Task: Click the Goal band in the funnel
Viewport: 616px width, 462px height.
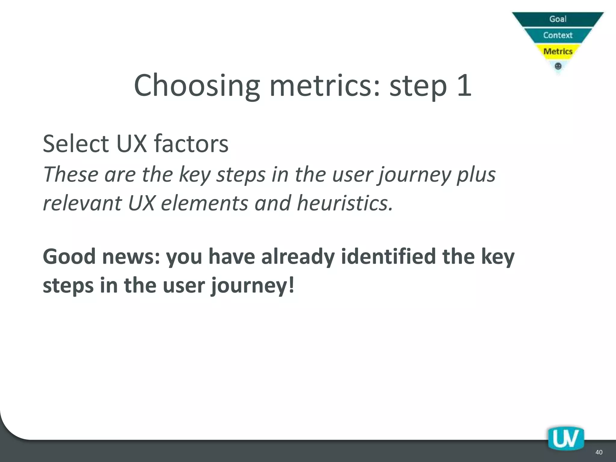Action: click(x=558, y=19)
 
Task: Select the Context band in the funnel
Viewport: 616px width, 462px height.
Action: click(x=558, y=35)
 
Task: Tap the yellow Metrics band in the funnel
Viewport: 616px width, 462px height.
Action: click(x=558, y=51)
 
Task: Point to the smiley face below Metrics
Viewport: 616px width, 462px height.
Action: click(x=558, y=66)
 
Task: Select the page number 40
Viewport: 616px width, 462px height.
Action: click(x=599, y=452)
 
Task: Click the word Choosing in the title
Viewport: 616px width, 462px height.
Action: click(x=197, y=86)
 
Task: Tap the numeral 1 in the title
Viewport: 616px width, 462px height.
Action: click(x=464, y=86)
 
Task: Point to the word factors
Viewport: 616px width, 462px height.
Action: click(x=191, y=143)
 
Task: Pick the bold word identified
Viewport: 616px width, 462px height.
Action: click(x=388, y=257)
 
